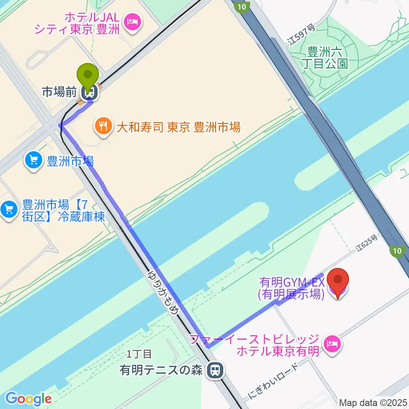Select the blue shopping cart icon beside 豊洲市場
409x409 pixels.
coord(34,161)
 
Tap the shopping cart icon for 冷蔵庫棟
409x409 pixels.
coord(9,210)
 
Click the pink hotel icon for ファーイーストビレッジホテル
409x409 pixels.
coord(332,343)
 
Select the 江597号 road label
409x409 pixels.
coord(301,35)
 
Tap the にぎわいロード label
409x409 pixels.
coord(274,377)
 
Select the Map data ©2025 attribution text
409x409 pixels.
coord(373,403)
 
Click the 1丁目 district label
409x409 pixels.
coord(139,354)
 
